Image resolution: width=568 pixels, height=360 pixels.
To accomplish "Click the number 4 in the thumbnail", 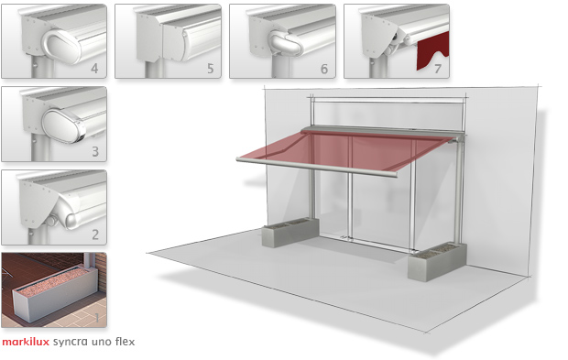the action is (x=94, y=68).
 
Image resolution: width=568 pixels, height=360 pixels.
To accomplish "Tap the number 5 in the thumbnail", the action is (x=210, y=68).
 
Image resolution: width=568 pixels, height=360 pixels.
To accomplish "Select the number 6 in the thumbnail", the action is (x=324, y=69).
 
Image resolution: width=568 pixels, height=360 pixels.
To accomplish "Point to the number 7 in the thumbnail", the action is (x=438, y=69).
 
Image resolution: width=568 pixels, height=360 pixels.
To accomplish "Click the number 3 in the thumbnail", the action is (x=95, y=151).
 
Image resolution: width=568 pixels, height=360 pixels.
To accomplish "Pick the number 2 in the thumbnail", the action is (x=95, y=235).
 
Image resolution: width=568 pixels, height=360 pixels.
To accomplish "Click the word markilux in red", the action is (x=26, y=342).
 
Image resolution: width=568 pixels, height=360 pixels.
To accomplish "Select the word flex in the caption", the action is (x=125, y=341).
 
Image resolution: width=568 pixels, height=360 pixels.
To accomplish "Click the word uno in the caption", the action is (x=102, y=342).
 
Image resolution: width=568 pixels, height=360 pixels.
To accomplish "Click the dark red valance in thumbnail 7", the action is (x=433, y=51).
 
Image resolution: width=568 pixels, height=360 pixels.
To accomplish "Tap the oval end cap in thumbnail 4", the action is (x=63, y=45).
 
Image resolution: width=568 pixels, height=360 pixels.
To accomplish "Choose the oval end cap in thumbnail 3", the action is (x=63, y=125).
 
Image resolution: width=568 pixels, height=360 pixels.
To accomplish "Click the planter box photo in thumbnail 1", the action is (x=54, y=289).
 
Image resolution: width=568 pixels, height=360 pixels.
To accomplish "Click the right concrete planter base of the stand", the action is (x=436, y=261).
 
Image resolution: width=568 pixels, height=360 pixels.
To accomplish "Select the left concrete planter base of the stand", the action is (x=290, y=232).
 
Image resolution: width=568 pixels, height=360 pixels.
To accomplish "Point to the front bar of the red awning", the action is (x=317, y=167).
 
